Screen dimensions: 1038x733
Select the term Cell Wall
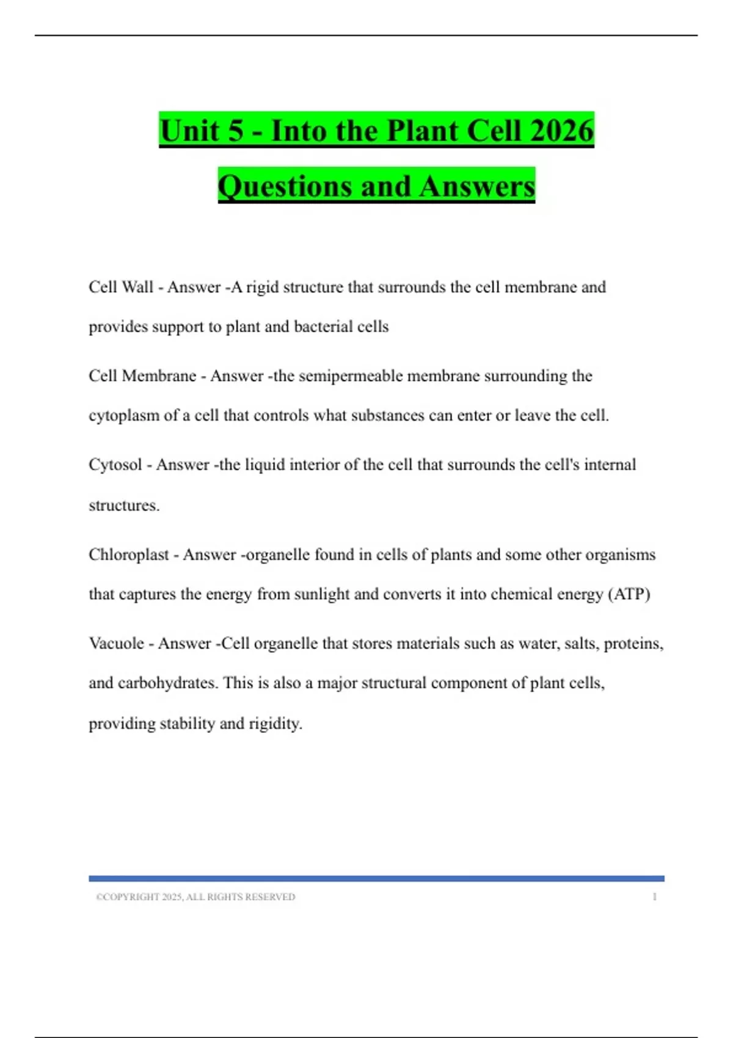(x=121, y=287)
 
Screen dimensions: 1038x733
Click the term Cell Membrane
(x=142, y=376)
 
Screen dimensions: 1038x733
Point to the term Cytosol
(x=115, y=465)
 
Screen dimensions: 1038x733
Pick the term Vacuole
(x=117, y=643)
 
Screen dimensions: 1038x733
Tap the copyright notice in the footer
(x=195, y=897)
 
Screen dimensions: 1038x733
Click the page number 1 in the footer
(x=654, y=897)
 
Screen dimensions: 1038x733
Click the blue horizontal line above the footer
(x=376, y=879)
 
